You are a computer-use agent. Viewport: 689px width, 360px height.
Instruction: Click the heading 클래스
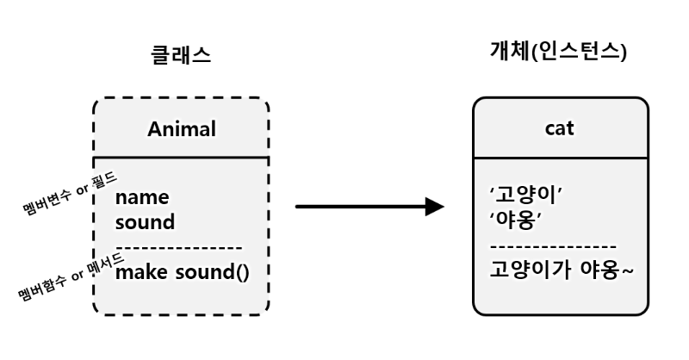[x=181, y=56]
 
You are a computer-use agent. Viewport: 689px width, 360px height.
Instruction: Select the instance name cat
[x=560, y=128]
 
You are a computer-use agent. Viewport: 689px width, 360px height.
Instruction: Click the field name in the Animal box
[x=142, y=198]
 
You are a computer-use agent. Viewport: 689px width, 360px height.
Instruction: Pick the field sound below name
[x=145, y=222]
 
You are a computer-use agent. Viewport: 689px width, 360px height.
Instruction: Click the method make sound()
[x=182, y=273]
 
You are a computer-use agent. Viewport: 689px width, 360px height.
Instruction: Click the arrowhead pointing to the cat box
[x=435, y=207]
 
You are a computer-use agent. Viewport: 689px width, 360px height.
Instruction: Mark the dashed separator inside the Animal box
[x=179, y=248]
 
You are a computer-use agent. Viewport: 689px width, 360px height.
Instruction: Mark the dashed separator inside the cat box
[x=551, y=245]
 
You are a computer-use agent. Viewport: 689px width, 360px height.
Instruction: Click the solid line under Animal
[x=181, y=157]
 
